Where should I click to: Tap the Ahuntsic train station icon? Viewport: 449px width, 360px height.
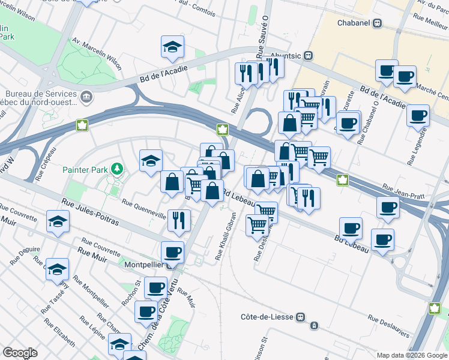[x=308, y=55]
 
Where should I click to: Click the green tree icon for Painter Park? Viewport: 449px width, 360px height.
[x=119, y=169]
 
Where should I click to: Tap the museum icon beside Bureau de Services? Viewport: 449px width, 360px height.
[x=87, y=97]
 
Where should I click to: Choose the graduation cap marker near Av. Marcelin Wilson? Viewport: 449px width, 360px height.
[x=172, y=48]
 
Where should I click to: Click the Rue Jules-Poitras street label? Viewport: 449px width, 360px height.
[x=91, y=213]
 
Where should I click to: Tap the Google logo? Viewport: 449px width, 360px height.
[x=20, y=352]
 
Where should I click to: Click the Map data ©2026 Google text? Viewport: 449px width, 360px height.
[x=411, y=355]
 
